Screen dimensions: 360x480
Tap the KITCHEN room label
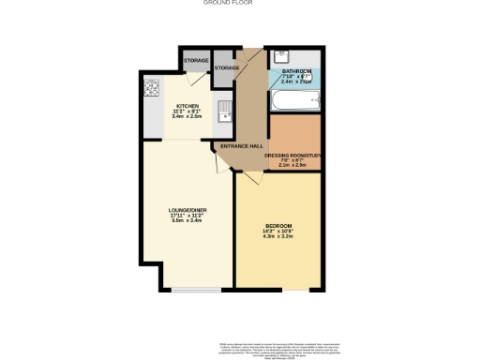tap(185, 106)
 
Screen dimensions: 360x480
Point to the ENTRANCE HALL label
tap(239, 147)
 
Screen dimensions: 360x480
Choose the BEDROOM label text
tap(278, 226)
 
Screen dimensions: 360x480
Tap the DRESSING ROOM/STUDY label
tap(294, 154)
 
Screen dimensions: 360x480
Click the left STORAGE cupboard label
tap(196, 61)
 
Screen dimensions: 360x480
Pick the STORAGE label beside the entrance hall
tap(227, 68)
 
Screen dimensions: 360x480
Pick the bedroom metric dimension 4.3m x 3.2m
tap(278, 237)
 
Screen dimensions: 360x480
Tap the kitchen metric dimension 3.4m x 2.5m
tap(185, 117)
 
